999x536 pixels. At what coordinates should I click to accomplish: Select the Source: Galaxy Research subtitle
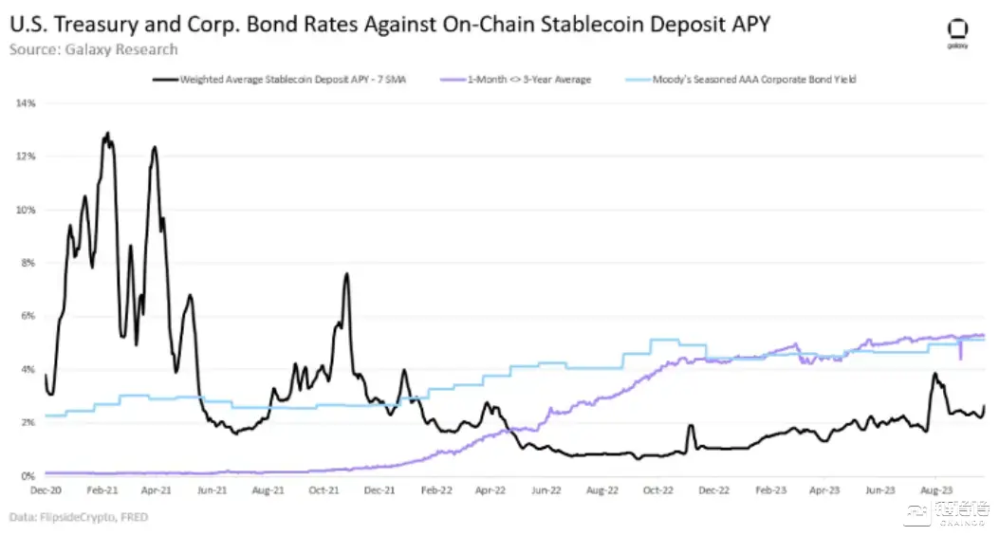[93, 48]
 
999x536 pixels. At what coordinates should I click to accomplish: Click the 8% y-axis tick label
[28, 263]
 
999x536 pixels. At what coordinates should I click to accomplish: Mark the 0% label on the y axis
[28, 476]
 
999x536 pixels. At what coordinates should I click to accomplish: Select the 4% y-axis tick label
[28, 369]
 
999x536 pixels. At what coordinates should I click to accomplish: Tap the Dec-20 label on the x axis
[45, 490]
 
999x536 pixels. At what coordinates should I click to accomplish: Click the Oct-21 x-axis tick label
[324, 490]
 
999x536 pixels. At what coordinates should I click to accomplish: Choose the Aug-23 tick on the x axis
[936, 490]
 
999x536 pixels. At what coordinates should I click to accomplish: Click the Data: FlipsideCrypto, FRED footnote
[80, 517]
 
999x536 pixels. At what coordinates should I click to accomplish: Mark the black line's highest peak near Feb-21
[107, 134]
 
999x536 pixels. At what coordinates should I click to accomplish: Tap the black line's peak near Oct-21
[346, 274]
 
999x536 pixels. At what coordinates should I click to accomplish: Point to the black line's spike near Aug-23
[935, 374]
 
